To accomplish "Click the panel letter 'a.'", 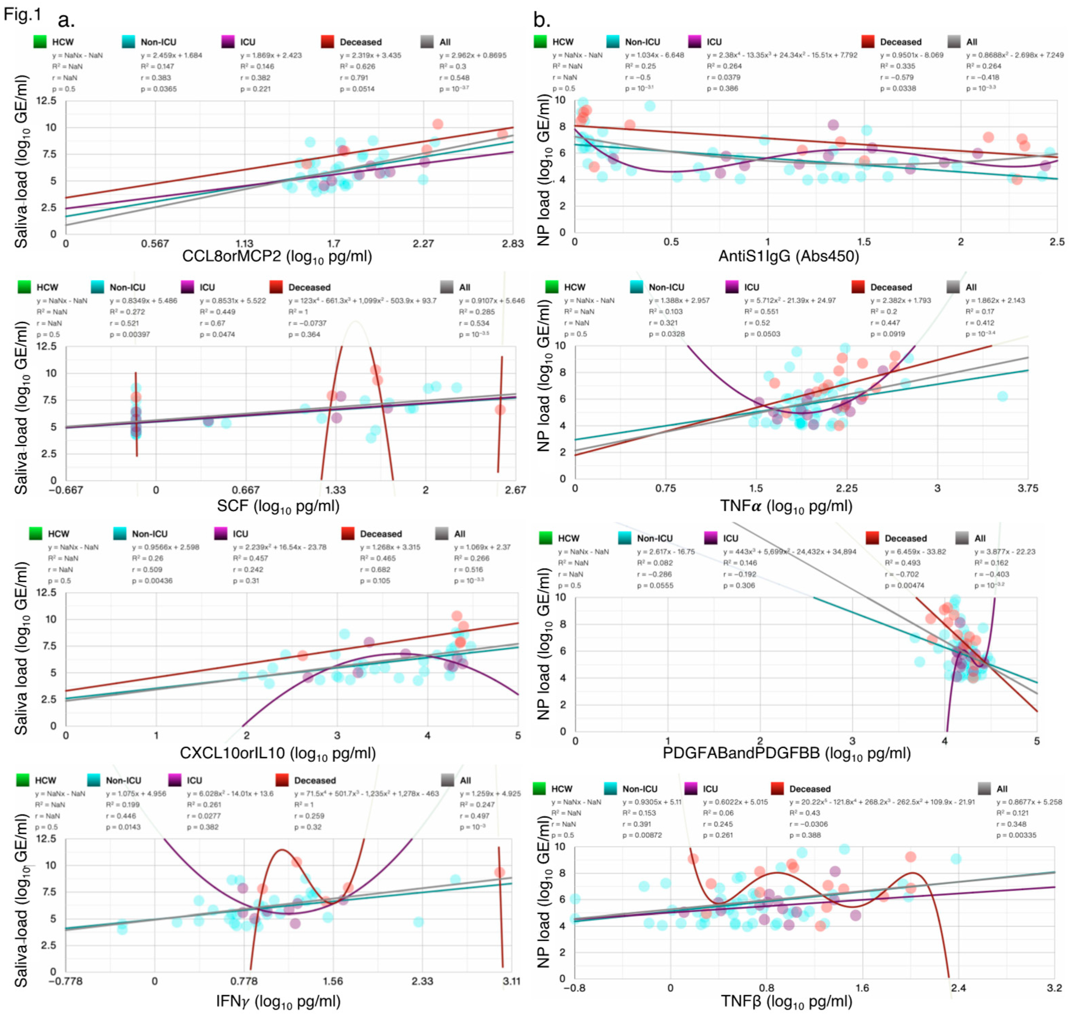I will pyautogui.click(x=66, y=20).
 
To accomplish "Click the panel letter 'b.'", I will pyautogui.click(x=542, y=20).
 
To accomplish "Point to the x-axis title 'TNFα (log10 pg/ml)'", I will pyautogui.click(x=786, y=506).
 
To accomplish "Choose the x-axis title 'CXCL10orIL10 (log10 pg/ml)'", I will pyautogui.click(x=277, y=753).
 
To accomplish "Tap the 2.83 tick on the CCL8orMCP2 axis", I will pyautogui.click(x=512, y=244).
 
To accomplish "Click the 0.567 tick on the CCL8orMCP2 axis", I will pyautogui.click(x=155, y=244).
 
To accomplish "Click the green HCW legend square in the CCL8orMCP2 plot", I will pyautogui.click(x=40, y=42).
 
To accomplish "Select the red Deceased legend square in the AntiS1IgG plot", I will pyautogui.click(x=868, y=42).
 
